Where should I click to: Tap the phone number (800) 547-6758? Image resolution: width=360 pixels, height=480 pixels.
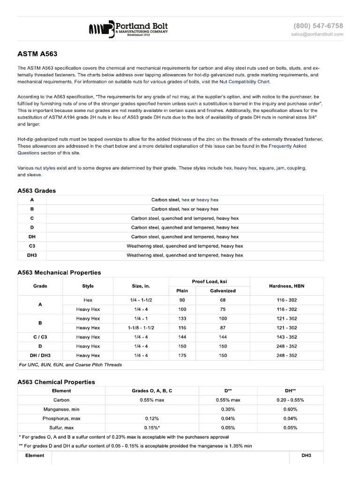click(x=318, y=26)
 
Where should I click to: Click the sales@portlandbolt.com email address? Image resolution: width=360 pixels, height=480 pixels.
click(x=317, y=34)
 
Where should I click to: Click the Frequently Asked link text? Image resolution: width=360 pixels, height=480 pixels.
click(x=287, y=146)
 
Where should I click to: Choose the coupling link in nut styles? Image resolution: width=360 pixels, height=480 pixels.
click(x=296, y=168)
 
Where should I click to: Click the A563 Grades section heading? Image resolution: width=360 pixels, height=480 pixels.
click(x=39, y=191)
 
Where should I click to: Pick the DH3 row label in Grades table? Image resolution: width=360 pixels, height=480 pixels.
click(x=32, y=255)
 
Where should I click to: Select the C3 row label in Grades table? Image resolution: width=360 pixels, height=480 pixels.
click(x=32, y=246)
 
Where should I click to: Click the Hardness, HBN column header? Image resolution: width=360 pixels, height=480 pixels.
click(x=286, y=286)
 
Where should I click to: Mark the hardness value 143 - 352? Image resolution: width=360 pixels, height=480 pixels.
click(x=286, y=337)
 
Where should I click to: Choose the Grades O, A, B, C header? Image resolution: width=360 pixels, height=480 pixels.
click(x=152, y=390)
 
